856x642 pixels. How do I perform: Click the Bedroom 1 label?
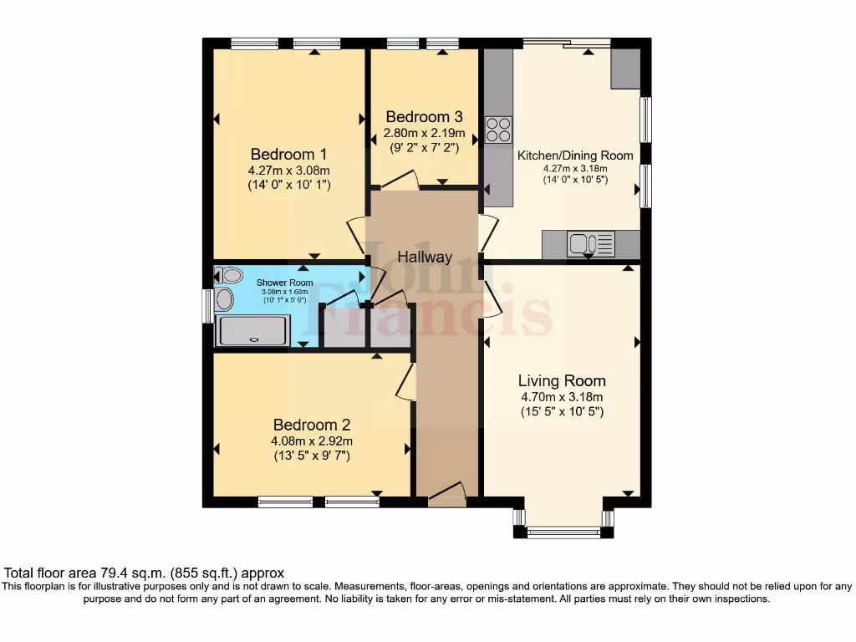[288, 155]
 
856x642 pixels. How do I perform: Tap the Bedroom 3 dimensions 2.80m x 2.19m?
[424, 133]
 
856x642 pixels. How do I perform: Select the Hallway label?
[425, 257]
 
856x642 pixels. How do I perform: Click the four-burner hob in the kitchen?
[498, 130]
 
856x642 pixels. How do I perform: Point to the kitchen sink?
[591, 244]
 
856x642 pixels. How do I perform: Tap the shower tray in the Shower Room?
[252, 330]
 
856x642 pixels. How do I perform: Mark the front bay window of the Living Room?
[563, 532]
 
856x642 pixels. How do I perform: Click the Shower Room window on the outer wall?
[207, 306]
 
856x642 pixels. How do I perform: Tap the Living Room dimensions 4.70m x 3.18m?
[562, 397]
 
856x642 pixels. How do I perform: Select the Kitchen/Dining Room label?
[575, 155]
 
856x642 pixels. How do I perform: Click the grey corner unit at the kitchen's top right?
[625, 69]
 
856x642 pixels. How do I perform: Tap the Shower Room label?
[284, 283]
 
